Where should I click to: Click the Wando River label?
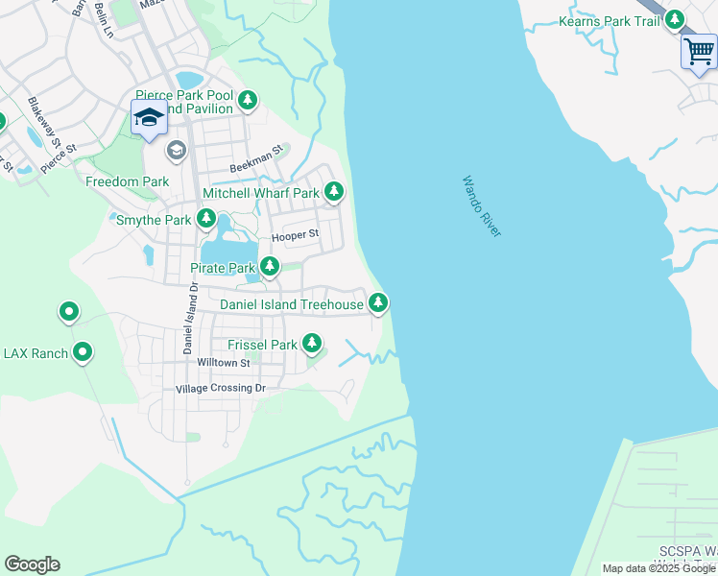coord(481,206)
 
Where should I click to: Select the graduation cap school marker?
coord(149,118)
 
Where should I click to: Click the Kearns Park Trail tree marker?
coord(675,19)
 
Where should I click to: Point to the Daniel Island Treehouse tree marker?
coord(379,304)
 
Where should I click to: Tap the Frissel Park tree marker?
coord(311,343)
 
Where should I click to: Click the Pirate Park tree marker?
coord(270,266)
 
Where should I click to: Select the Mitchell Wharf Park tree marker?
coord(333,192)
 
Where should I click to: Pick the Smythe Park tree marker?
coord(205,220)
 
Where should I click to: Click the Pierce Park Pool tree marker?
coord(248,99)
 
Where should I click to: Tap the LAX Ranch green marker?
coord(83,353)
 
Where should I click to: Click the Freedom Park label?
coord(128,181)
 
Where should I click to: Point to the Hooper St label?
coord(295,235)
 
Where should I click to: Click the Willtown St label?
coord(223,363)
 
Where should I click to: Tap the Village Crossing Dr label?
coord(220,389)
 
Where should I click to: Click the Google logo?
coord(32,564)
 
